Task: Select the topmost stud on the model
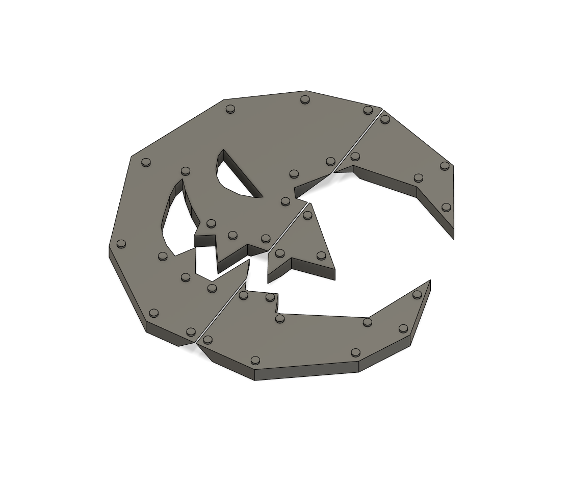click(305, 99)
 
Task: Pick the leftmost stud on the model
click(121, 243)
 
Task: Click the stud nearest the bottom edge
click(255, 360)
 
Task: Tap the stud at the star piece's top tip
click(307, 215)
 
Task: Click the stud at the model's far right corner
click(445, 165)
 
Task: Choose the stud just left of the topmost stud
click(230, 108)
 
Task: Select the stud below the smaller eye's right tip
click(286, 201)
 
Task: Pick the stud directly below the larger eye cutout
click(163, 256)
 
